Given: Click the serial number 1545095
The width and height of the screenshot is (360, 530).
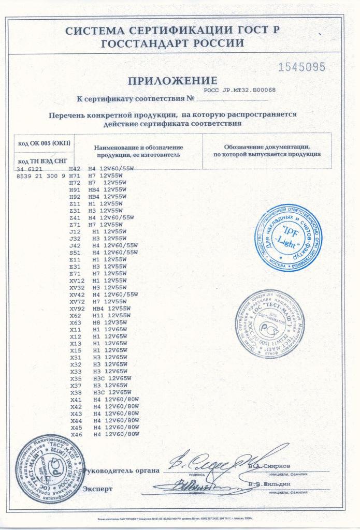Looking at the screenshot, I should tap(302, 67).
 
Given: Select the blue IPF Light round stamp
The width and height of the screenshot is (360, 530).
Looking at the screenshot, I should tap(288, 236).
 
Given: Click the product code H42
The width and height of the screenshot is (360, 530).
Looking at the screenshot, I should tap(75, 169).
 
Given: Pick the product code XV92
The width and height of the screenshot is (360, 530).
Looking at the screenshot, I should tap(77, 308).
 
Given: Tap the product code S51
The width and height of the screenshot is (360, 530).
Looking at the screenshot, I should tap(75, 252).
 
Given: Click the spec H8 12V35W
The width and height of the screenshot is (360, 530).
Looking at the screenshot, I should tap(109, 322).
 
